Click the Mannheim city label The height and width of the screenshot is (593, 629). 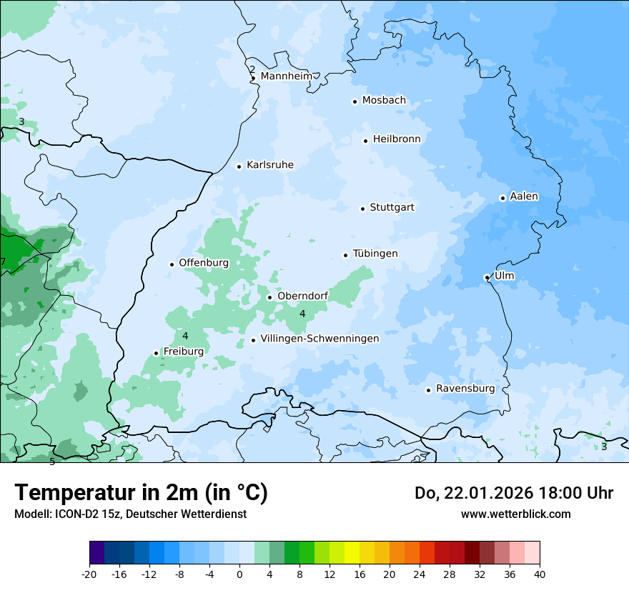pyautogui.click(x=286, y=76)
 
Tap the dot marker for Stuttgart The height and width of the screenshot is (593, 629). pyautogui.click(x=363, y=209)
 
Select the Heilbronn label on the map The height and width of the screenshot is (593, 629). pyautogui.click(x=397, y=139)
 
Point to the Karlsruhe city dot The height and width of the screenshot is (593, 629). pyautogui.click(x=239, y=166)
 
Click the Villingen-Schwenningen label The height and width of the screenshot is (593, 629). pyautogui.click(x=320, y=339)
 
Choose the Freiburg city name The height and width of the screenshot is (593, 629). pyautogui.click(x=183, y=352)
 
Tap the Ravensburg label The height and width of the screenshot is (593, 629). pyautogui.click(x=465, y=389)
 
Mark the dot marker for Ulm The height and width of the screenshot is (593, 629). pyautogui.click(x=487, y=277)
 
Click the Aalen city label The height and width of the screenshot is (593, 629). pyautogui.click(x=524, y=196)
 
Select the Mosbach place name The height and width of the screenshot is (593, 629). pyautogui.click(x=384, y=101)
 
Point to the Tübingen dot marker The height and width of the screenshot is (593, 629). pyautogui.click(x=346, y=255)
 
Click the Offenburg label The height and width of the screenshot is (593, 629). pyautogui.click(x=204, y=263)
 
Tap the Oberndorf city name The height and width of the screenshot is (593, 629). pyautogui.click(x=303, y=296)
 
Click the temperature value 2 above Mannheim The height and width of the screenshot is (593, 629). pyautogui.click(x=252, y=69)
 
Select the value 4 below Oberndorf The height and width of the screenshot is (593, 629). pyautogui.click(x=302, y=314)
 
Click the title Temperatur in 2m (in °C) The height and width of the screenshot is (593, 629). pyautogui.click(x=142, y=492)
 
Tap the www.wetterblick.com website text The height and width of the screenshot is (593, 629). pyautogui.click(x=515, y=514)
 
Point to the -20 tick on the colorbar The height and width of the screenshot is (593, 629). pyautogui.click(x=89, y=574)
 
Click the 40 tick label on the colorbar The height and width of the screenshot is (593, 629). pyautogui.click(x=540, y=574)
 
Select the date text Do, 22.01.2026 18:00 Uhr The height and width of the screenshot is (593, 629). pyautogui.click(x=514, y=493)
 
